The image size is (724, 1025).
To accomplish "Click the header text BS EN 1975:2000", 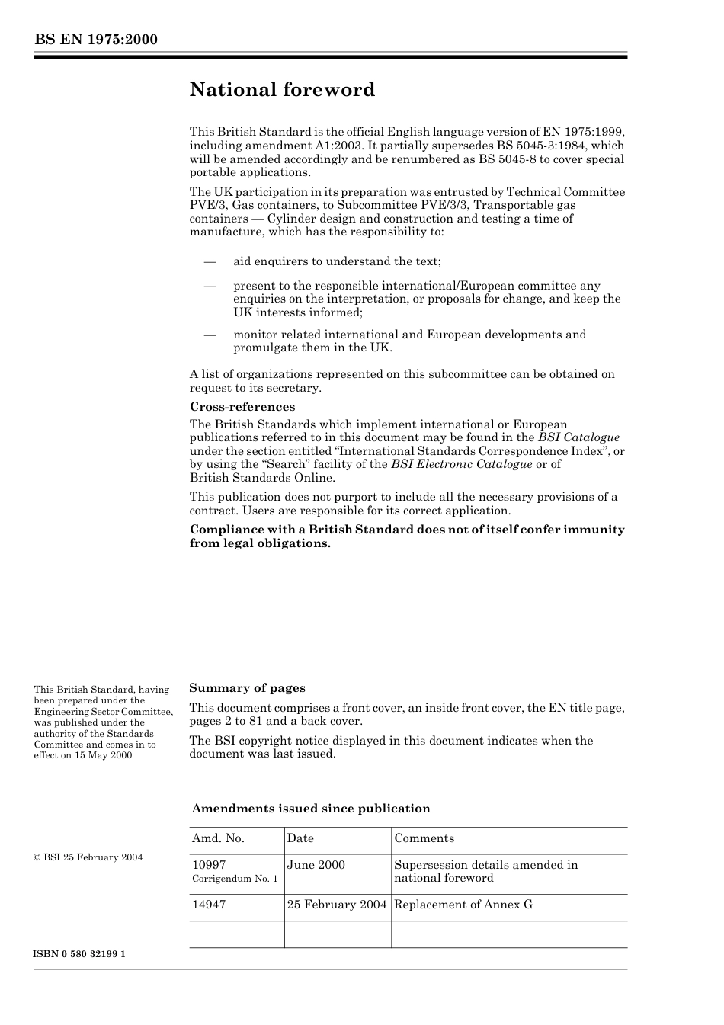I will pyautogui.click(x=95, y=40).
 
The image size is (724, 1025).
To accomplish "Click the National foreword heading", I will pyautogui.click(x=282, y=90).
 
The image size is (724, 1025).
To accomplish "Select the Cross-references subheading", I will pyautogui.click(x=242, y=407).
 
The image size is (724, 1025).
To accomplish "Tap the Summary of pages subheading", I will pyautogui.click(x=247, y=688).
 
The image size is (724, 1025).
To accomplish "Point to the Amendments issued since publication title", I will pyautogui.click(x=311, y=809).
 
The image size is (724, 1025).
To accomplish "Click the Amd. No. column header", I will pyautogui.click(x=218, y=838).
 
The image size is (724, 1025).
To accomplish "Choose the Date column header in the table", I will pyautogui.click(x=300, y=838).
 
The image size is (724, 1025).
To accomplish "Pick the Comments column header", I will pyautogui.click(x=424, y=838).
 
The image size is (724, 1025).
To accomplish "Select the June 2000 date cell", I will pyautogui.click(x=316, y=865).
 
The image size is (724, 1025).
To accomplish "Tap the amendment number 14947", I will pyautogui.click(x=209, y=905).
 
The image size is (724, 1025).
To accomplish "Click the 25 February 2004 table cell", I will pyautogui.click(x=337, y=905).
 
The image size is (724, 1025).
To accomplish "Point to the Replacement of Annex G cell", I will pyautogui.click(x=463, y=905).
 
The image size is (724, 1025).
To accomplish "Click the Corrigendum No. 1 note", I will pyautogui.click(x=235, y=879).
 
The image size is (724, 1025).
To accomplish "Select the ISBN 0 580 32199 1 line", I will pyautogui.click(x=79, y=954).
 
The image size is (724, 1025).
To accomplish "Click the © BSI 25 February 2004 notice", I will pyautogui.click(x=88, y=857).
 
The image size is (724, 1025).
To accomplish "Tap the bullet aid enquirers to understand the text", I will pyautogui.click(x=337, y=261).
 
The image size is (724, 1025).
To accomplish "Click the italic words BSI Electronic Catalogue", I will pyautogui.click(x=461, y=464).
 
